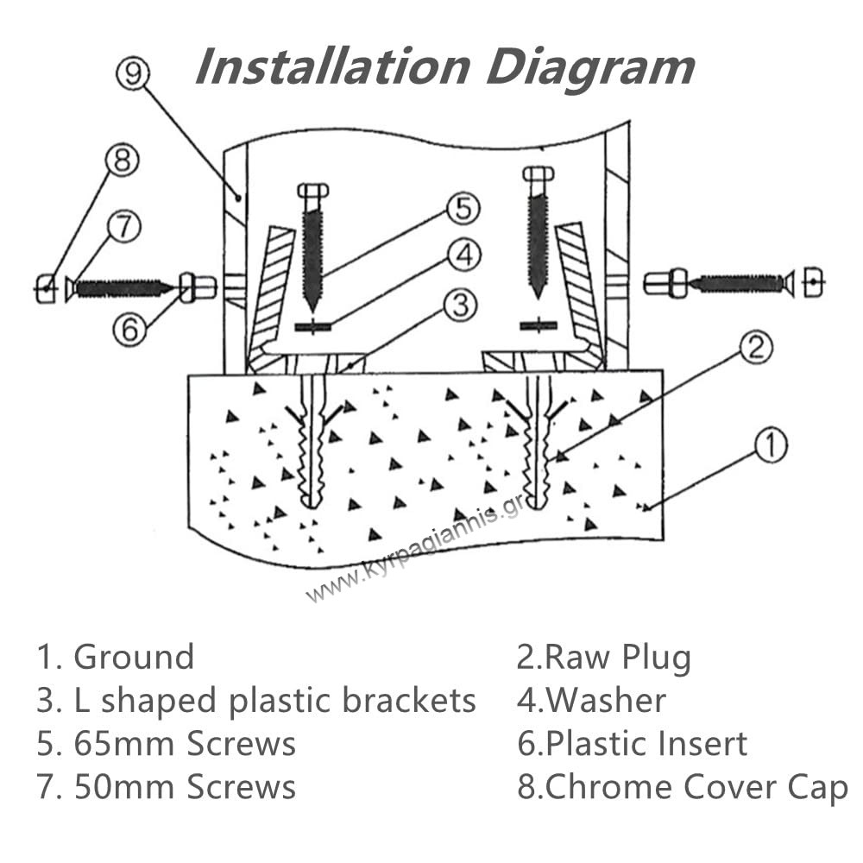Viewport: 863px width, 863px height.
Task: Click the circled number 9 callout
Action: tap(133, 74)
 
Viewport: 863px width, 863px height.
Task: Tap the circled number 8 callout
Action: tap(122, 161)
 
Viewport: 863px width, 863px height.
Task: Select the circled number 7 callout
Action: tap(123, 227)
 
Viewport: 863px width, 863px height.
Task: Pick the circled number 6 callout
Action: tap(129, 331)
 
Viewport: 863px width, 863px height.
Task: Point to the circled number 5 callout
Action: tap(463, 208)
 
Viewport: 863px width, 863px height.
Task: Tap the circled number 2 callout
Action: tap(756, 348)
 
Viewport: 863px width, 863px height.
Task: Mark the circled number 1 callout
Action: tap(771, 445)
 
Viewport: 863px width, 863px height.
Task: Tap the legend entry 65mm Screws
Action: tap(185, 744)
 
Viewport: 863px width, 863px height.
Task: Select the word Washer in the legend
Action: tap(606, 701)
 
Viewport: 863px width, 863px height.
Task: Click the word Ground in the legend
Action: tap(134, 658)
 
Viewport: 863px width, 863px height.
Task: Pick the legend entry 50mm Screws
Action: tap(185, 788)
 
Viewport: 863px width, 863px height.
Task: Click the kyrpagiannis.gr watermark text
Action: tap(414, 552)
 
